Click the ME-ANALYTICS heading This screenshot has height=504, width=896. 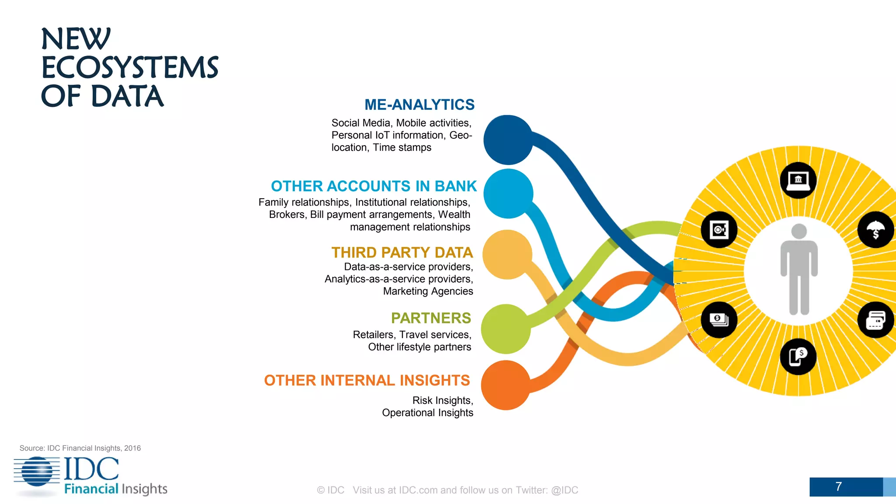pos(419,105)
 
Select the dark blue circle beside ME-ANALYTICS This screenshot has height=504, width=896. pos(508,140)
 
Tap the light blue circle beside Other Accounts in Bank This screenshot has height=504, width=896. pos(508,194)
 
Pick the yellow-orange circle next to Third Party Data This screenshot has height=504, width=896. pos(507,255)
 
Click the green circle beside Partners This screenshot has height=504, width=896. pos(506,329)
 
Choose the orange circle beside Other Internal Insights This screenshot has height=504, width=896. pos(506,385)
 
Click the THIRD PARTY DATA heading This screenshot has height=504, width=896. pos(402,252)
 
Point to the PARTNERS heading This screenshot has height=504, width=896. pos(430,318)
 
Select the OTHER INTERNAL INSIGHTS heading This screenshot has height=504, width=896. pos(367,380)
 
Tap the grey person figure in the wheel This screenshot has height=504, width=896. pos(799,269)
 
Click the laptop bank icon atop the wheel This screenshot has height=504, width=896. pos(798,180)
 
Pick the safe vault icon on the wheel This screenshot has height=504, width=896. pos(719,230)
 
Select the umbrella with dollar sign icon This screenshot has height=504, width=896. pos(875,230)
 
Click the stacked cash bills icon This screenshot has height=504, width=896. pos(719,319)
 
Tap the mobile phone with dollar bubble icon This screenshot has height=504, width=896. pos(798,357)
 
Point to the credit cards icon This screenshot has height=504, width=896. pos(875,320)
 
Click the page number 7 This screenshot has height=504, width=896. pos(838,486)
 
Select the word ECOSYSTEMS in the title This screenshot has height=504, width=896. pos(129,68)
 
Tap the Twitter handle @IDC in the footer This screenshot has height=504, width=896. pos(564,490)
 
